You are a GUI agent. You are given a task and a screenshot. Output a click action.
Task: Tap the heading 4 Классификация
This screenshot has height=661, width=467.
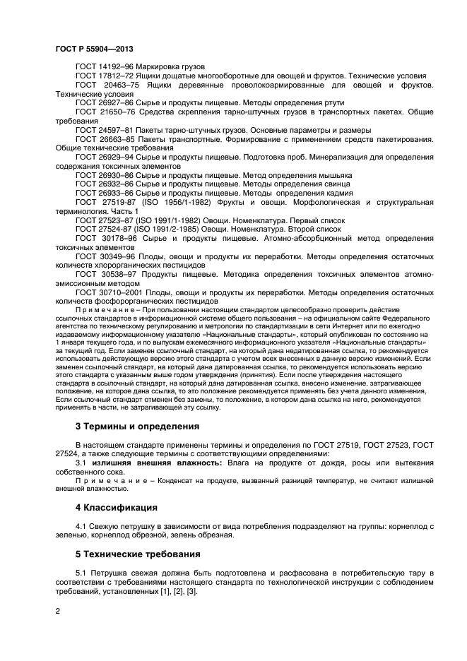coord(117,508)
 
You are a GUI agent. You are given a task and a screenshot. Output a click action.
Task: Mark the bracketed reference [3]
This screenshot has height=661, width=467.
coord(191,590)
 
